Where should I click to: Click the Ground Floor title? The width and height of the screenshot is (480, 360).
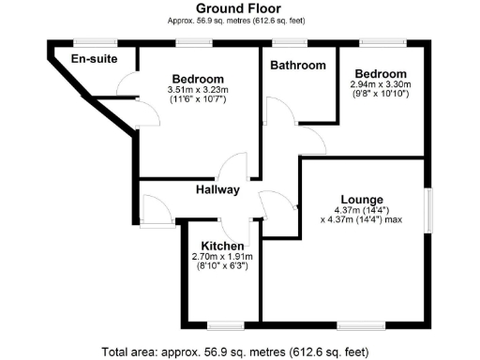click(x=239, y=8)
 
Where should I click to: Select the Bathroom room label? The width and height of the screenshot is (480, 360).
click(x=298, y=66)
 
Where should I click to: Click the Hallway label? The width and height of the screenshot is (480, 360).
click(x=217, y=190)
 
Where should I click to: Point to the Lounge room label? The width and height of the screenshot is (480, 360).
click(x=359, y=198)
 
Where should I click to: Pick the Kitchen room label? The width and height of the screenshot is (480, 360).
click(x=222, y=246)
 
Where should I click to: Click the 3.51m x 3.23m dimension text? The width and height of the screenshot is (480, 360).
click(x=198, y=89)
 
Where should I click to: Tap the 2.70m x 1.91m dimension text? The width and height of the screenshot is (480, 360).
click(x=222, y=256)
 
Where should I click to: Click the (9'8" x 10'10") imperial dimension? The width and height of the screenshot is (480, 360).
click(x=381, y=94)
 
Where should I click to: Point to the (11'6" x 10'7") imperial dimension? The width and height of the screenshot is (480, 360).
click(x=198, y=98)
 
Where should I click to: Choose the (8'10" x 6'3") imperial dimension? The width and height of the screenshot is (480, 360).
click(x=222, y=266)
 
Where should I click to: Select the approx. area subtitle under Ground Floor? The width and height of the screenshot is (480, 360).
click(x=239, y=20)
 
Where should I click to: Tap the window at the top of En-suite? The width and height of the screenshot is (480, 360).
click(x=95, y=41)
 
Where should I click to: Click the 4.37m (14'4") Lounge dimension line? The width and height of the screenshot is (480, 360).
click(x=360, y=209)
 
